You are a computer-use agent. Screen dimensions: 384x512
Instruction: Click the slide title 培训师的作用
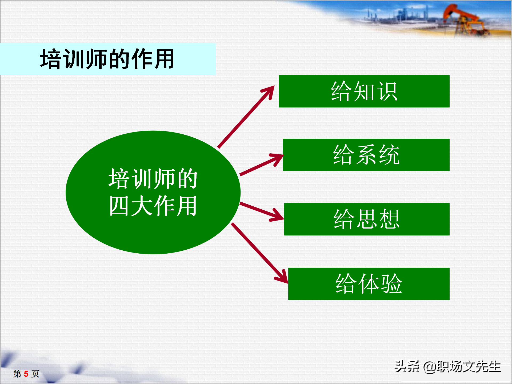107,59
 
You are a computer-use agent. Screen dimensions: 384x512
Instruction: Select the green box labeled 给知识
364,91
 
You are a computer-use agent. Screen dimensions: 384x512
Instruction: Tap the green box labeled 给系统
366,155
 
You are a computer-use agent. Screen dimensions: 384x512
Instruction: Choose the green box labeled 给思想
367,219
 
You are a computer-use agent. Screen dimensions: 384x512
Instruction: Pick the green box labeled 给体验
369,284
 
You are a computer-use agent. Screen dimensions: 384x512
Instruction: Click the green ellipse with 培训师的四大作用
153,192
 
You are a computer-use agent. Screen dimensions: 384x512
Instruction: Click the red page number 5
26,374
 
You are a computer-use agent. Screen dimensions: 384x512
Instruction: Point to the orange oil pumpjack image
464,20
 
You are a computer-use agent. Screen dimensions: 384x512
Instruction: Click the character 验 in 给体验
391,284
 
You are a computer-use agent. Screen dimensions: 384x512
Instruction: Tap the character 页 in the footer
35,374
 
